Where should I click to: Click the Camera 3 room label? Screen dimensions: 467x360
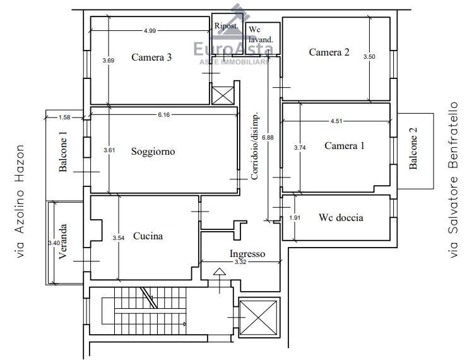point(151,57)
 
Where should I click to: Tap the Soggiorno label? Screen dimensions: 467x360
point(153,152)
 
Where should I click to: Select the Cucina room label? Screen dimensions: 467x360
point(148,236)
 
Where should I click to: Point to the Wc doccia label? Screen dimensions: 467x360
point(341,217)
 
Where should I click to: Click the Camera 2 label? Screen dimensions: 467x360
point(329,52)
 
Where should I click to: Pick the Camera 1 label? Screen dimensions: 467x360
point(345,146)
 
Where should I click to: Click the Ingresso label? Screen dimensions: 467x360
point(247,254)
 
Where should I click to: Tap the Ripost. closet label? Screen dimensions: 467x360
point(227,26)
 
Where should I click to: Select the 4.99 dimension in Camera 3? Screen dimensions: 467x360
point(150,31)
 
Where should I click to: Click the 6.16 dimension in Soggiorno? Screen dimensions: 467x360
point(164,115)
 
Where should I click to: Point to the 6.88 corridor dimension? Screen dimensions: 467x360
point(268,138)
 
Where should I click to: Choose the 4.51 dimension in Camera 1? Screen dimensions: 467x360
point(336,121)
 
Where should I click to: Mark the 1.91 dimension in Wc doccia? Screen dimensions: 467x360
point(295,218)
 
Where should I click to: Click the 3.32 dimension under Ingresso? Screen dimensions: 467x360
point(240,262)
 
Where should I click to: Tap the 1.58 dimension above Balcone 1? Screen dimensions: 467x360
point(64,117)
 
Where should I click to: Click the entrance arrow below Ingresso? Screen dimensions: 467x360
point(220,280)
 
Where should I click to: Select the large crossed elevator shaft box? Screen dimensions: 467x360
point(259,318)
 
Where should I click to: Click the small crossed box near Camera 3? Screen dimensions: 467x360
point(223,95)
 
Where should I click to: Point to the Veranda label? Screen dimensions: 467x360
point(62,241)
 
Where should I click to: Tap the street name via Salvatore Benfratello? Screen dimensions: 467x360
point(453,180)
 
